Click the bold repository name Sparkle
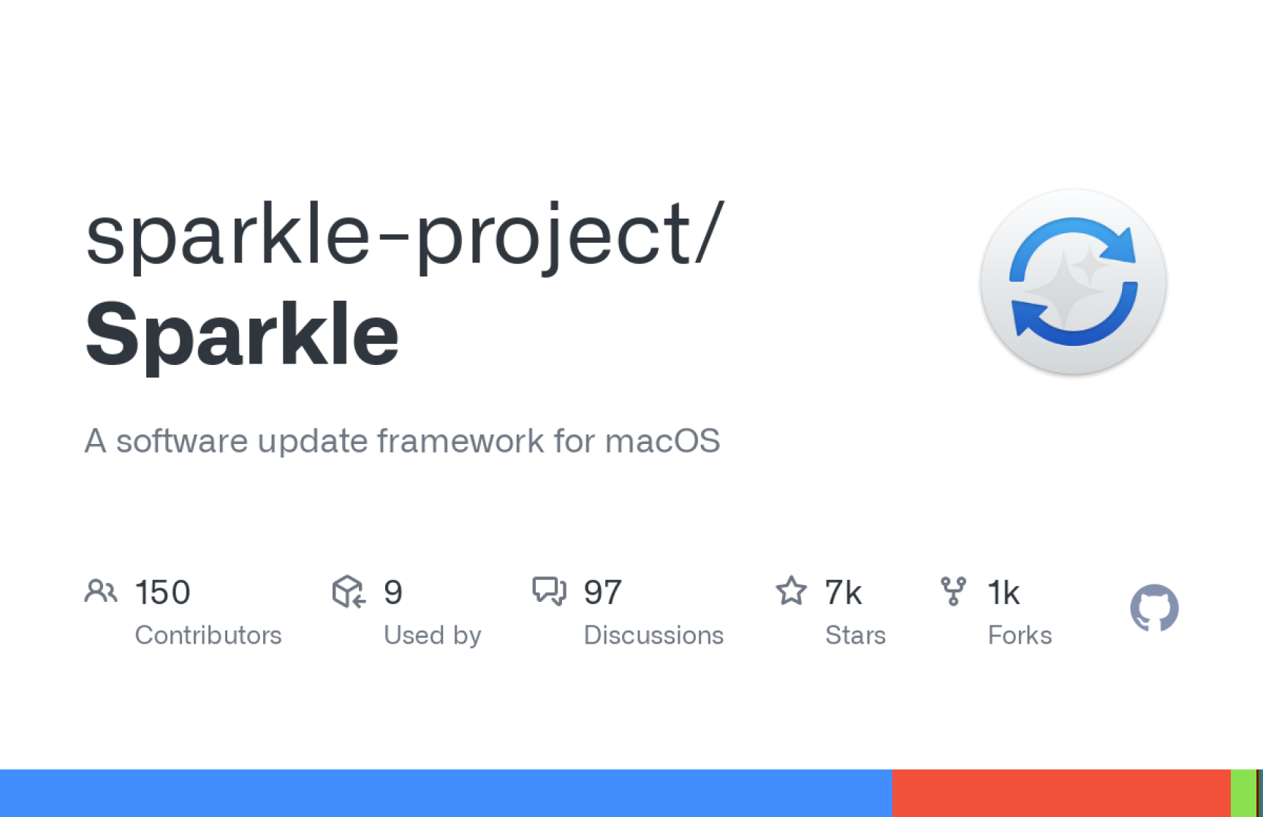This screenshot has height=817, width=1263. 242,335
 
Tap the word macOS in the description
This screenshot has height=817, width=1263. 663,441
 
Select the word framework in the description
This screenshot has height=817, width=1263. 460,441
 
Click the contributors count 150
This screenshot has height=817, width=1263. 163,592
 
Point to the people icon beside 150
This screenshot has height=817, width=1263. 101,591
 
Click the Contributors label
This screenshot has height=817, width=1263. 208,635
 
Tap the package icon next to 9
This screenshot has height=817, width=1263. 349,591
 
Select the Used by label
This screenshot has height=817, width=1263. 433,635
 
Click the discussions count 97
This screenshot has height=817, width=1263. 603,592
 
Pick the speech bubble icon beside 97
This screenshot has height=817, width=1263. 549,591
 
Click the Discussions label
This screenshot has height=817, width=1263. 653,635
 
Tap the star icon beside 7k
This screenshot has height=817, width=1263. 792,590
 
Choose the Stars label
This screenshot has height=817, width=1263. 855,635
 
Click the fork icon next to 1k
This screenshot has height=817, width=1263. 953,591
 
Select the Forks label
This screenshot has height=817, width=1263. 1020,635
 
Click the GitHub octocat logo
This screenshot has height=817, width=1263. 1154,608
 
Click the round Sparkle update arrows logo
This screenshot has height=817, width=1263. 1073,282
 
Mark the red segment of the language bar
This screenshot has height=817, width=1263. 1061,793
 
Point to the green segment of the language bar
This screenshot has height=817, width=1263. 1243,793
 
